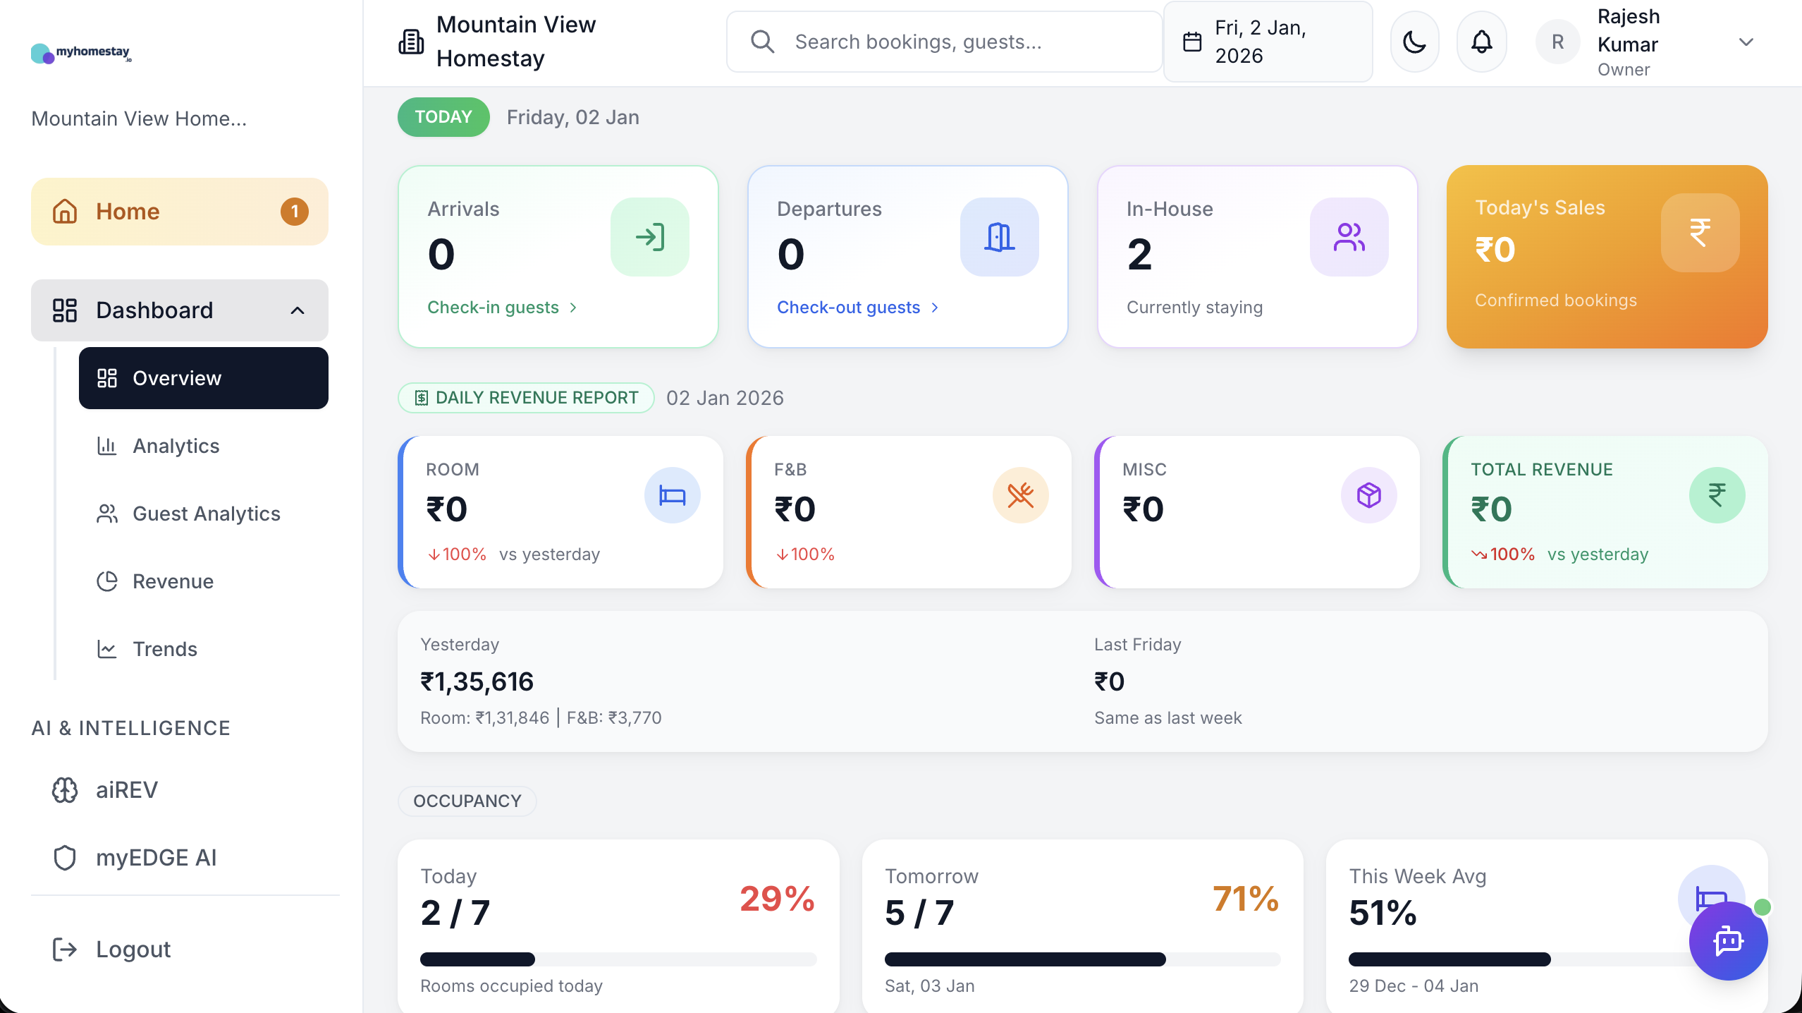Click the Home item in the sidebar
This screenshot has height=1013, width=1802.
click(128, 212)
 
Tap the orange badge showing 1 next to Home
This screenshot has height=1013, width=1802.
click(294, 212)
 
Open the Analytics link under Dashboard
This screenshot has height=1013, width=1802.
click(176, 446)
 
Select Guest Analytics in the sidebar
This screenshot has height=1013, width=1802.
click(206, 514)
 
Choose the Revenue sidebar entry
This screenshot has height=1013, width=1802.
click(173, 581)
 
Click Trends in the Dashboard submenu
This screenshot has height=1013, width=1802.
click(164, 649)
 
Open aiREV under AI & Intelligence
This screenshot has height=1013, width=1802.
click(127, 790)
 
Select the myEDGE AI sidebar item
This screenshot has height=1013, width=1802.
click(156, 858)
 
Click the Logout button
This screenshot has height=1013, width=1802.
click(133, 950)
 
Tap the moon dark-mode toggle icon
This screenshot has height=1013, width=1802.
click(1414, 42)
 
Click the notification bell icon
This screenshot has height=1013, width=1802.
click(1481, 42)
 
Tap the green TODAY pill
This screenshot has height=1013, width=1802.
click(443, 117)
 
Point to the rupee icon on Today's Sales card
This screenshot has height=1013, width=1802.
click(1700, 233)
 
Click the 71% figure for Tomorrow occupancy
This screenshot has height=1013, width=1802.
click(1245, 899)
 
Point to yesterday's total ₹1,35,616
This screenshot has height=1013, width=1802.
click(477, 682)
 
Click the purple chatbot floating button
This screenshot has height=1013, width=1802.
click(1728, 941)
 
